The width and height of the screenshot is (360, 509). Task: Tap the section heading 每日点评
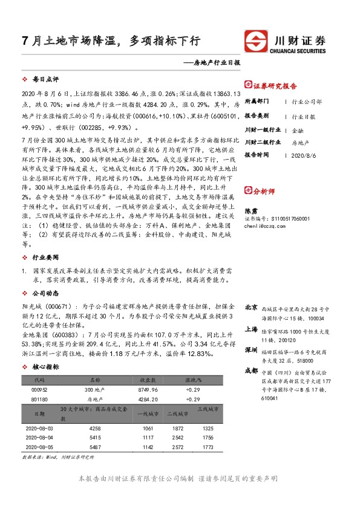click(x=44, y=80)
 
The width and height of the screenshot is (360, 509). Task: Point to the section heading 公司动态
click(x=44, y=292)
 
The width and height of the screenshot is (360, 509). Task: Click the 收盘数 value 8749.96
click(x=149, y=390)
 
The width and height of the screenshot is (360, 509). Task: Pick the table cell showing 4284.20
click(x=149, y=399)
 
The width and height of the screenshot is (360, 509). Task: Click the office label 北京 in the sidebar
click(x=251, y=308)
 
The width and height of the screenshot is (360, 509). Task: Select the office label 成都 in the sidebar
click(x=251, y=369)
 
